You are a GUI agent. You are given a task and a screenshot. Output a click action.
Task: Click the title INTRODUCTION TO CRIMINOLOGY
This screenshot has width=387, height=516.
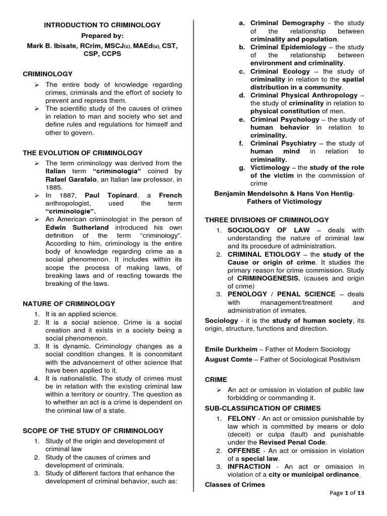[102, 25]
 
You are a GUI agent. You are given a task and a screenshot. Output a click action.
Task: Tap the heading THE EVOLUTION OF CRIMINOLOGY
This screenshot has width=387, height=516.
[83, 153]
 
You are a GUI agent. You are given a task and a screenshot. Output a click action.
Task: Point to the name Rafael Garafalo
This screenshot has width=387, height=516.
[66, 179]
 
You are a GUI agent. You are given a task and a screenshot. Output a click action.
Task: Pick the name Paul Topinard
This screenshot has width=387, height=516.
[104, 196]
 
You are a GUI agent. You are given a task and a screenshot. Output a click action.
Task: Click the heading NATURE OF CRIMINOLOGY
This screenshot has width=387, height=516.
[69, 303]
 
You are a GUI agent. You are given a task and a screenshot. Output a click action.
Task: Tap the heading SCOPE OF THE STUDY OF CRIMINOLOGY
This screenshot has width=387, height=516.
[93, 430]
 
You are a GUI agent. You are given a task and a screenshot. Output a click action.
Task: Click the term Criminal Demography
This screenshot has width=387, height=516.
[287, 23]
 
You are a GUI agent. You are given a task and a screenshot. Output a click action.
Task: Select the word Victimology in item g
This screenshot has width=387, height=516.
[270, 168]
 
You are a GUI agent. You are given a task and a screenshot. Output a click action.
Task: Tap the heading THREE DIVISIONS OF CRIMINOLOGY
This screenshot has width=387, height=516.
[267, 220]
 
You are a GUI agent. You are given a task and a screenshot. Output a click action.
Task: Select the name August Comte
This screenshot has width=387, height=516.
[227, 359]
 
